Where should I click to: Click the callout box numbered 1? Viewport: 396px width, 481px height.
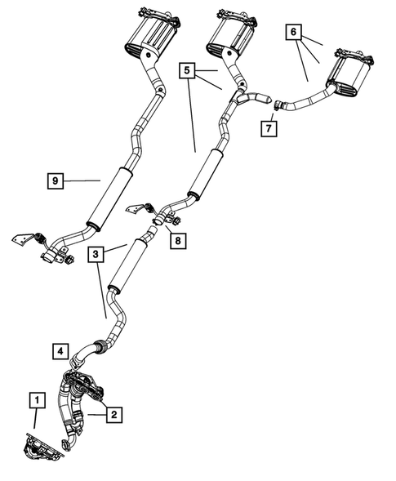(36, 400)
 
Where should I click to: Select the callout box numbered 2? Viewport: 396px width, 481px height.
(114, 415)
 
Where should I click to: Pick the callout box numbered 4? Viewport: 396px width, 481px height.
(59, 352)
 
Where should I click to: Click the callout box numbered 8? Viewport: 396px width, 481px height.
(176, 240)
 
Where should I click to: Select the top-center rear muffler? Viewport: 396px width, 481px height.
(229, 33)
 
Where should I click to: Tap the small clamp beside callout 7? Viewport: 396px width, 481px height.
(278, 104)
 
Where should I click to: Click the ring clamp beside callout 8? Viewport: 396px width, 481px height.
(156, 220)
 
